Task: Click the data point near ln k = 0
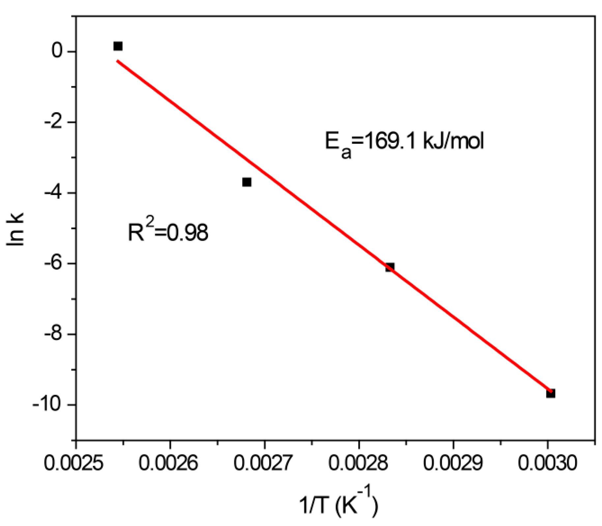click(118, 46)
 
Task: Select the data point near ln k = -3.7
click(247, 182)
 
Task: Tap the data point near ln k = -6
click(390, 267)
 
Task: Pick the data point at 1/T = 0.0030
click(551, 393)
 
